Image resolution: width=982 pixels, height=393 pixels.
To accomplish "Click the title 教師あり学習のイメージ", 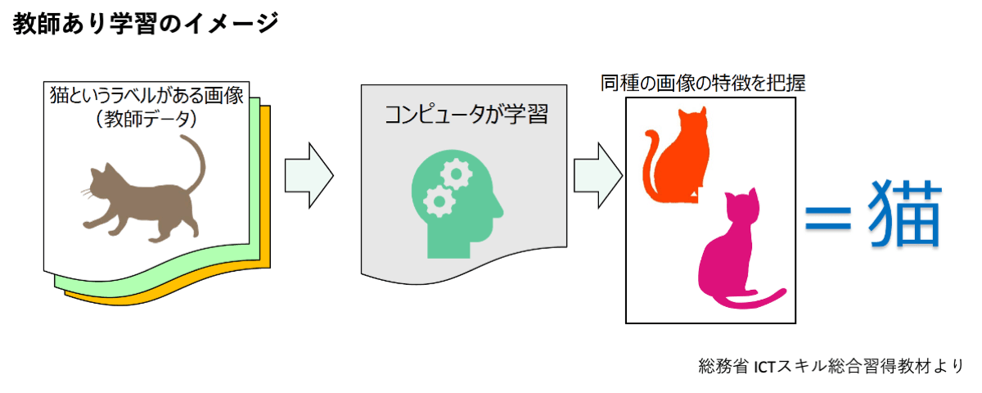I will (x=146, y=25).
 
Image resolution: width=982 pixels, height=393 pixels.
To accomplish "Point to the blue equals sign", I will (x=831, y=218).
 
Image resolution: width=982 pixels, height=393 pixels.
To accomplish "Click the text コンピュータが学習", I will (x=466, y=114).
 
